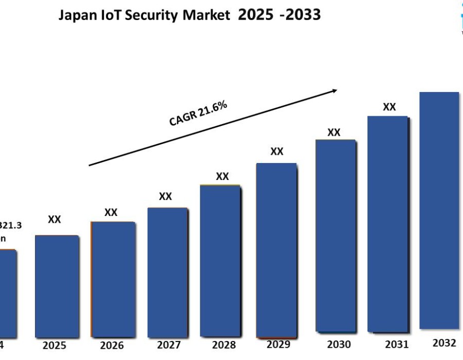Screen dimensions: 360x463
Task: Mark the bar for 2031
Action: (388, 224)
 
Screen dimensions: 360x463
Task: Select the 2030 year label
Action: (339, 345)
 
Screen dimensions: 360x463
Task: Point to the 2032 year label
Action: (444, 343)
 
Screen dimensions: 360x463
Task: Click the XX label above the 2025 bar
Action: (55, 220)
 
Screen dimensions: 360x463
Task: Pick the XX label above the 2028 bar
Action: (222, 176)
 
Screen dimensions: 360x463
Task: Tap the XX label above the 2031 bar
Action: (389, 107)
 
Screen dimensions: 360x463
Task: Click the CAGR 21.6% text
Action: (198, 113)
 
